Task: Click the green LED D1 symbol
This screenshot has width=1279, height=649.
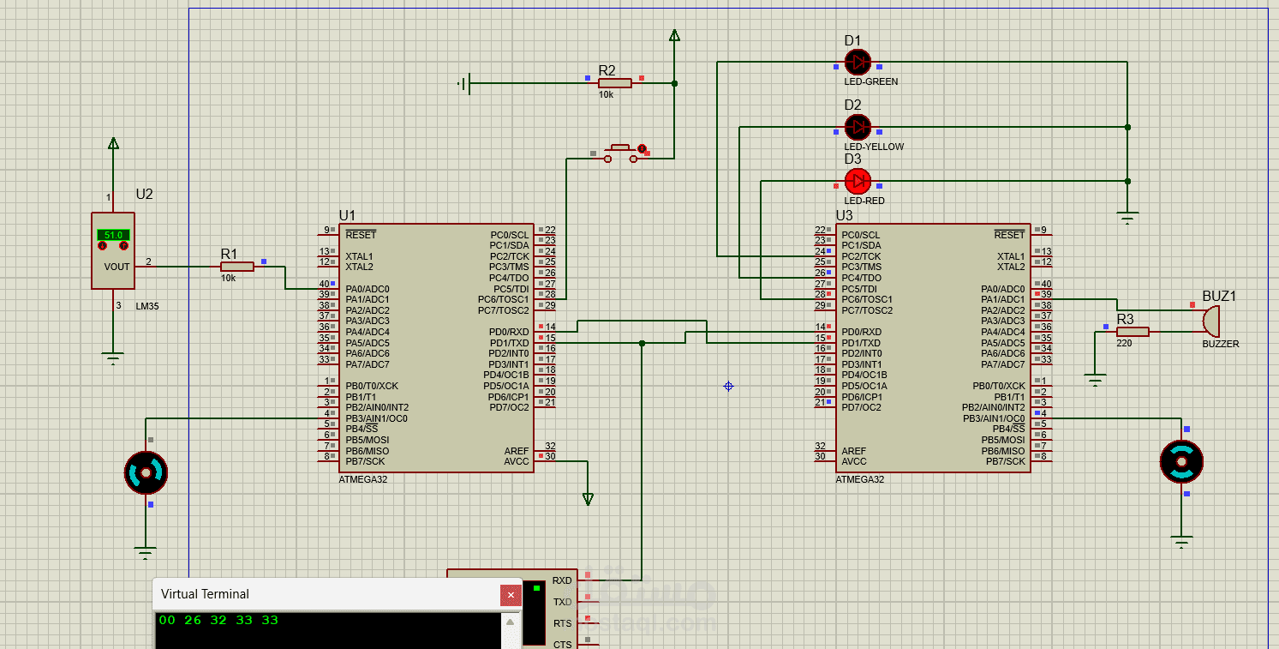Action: pyautogui.click(x=858, y=62)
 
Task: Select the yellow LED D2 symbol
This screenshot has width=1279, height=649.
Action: pyautogui.click(x=858, y=127)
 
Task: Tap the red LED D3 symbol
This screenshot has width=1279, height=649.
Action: pyautogui.click(x=858, y=181)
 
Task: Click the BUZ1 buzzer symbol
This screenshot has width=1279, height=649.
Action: pyautogui.click(x=1210, y=321)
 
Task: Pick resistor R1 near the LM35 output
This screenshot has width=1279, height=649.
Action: pyautogui.click(x=236, y=267)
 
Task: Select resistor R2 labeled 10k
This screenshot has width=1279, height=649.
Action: pyautogui.click(x=614, y=83)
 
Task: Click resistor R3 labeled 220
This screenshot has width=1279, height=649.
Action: pyautogui.click(x=1133, y=331)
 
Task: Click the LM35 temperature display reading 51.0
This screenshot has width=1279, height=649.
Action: pyautogui.click(x=113, y=235)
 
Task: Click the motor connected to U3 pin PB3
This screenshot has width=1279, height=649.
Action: pyautogui.click(x=1181, y=461)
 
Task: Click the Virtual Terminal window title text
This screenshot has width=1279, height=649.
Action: pyautogui.click(x=205, y=594)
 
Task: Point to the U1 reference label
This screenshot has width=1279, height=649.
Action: pyautogui.click(x=347, y=215)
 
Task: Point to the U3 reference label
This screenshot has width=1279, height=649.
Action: pyautogui.click(x=844, y=215)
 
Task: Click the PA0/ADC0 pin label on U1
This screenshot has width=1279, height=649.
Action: pyautogui.click(x=367, y=289)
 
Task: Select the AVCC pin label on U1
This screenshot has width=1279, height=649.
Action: pyautogui.click(x=517, y=461)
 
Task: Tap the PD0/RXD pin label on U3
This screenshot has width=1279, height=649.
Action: pyautogui.click(x=861, y=332)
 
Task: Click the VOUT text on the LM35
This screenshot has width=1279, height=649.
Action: pyautogui.click(x=117, y=267)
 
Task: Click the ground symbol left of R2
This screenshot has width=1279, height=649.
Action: pyautogui.click(x=463, y=83)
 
